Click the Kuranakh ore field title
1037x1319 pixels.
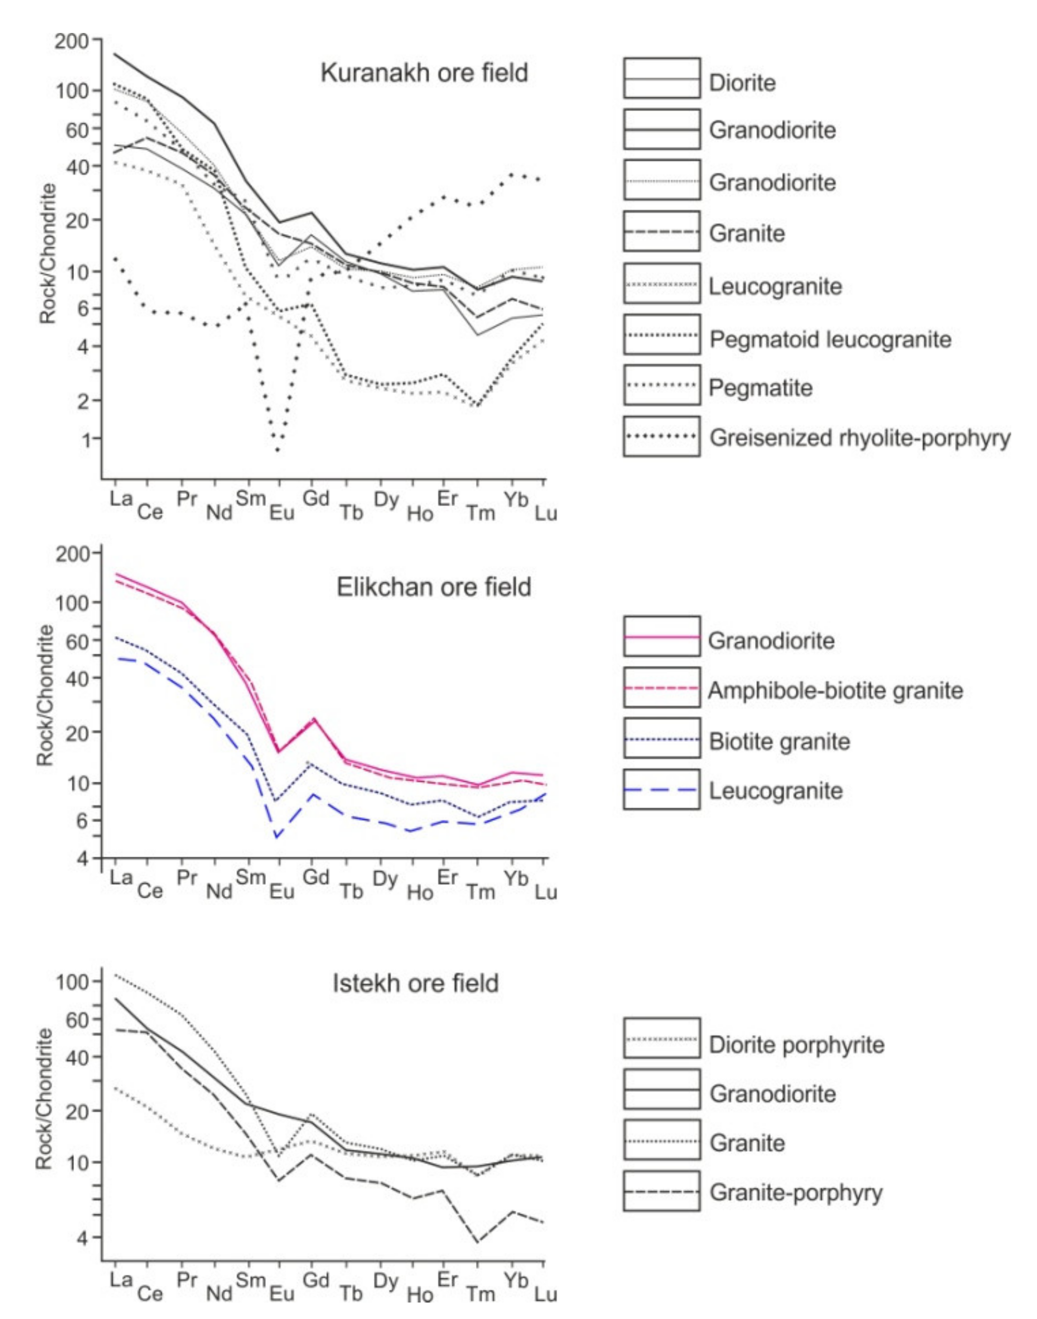(424, 73)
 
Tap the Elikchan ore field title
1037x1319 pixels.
(434, 587)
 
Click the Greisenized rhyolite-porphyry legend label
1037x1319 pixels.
(860, 437)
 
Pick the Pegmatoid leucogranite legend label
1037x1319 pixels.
(830, 339)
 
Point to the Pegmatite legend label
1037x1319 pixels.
(761, 387)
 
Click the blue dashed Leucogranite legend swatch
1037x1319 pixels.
(661, 790)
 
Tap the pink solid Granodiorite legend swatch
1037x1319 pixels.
(661, 637)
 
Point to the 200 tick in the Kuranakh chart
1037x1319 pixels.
(72, 41)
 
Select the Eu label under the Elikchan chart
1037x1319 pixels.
(282, 891)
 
